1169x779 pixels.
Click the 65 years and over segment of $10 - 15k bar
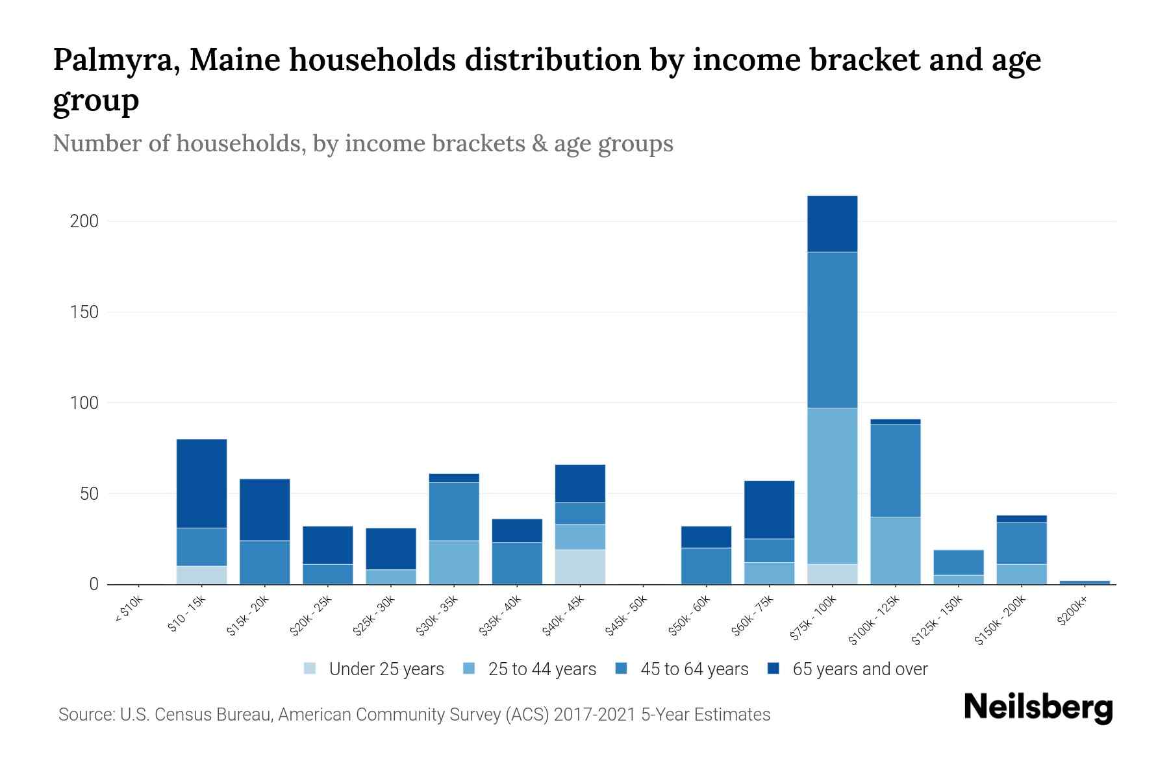(201, 483)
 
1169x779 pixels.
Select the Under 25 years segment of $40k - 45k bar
(580, 567)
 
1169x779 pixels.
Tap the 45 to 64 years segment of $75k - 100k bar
(832, 330)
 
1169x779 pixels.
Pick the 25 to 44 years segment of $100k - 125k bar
(895, 550)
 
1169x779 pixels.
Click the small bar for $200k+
(1085, 582)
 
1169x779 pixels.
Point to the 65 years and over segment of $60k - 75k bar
(769, 510)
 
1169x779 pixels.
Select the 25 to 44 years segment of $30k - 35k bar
(454, 562)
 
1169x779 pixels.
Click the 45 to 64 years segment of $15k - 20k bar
(264, 562)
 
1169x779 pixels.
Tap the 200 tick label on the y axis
(84, 221)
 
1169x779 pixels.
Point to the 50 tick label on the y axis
(89, 494)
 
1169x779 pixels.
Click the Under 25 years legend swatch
(310, 669)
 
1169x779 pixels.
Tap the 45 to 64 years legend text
(694, 669)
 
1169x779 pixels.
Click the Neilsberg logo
(1038, 708)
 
